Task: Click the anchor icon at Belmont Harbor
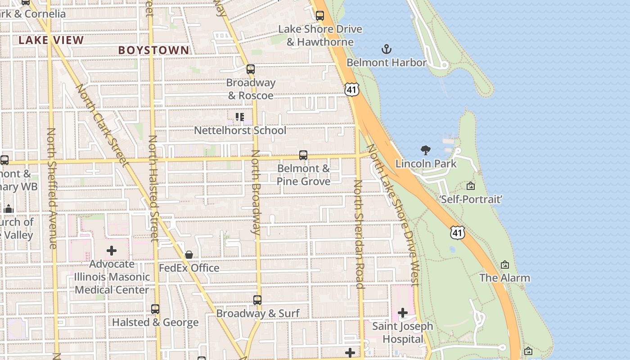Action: [386, 49]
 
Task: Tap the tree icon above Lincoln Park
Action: [425, 150]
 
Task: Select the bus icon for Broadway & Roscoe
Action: [251, 69]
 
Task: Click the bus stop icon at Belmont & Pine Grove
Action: [303, 155]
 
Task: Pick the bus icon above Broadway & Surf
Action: [257, 300]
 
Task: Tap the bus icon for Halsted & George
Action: [155, 309]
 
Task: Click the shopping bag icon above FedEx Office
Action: [189, 255]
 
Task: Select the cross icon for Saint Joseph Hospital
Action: [403, 312]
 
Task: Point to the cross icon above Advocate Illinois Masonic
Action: [112, 251]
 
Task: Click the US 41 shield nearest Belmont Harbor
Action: [352, 90]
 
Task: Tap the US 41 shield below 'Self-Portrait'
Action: [458, 233]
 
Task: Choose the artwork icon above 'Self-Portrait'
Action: [471, 186]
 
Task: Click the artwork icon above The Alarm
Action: [505, 265]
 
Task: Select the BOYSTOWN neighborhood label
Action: [153, 50]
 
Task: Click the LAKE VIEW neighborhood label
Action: [51, 40]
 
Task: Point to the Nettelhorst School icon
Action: [240, 117]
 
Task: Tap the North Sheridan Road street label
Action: [359, 234]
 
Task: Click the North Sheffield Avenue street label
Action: [52, 188]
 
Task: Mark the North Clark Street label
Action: [102, 125]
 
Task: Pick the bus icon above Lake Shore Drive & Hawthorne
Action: [320, 16]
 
